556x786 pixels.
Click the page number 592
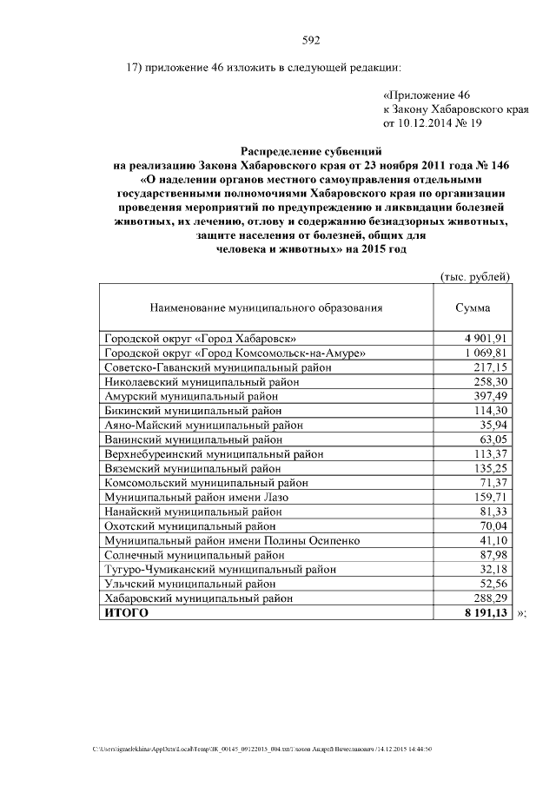pos(311,40)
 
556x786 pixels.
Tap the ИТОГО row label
pos(126,612)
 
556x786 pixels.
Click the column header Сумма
pos(473,307)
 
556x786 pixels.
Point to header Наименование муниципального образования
pos(266,307)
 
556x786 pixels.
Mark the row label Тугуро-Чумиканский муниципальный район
pos(220,569)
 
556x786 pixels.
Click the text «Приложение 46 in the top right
pos(426,96)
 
